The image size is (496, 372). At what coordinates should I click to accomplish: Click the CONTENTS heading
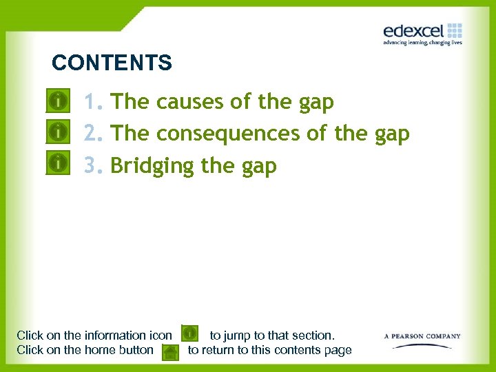tap(112, 63)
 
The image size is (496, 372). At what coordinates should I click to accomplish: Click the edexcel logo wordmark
tap(413, 31)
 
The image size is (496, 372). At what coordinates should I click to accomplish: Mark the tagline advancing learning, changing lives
tap(422, 43)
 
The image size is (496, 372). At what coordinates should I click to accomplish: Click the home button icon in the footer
tap(169, 352)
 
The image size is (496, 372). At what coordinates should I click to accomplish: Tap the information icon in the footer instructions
tap(190, 334)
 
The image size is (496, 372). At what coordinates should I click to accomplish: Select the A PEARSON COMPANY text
tap(422, 336)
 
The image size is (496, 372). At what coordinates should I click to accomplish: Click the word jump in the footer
tap(238, 335)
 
